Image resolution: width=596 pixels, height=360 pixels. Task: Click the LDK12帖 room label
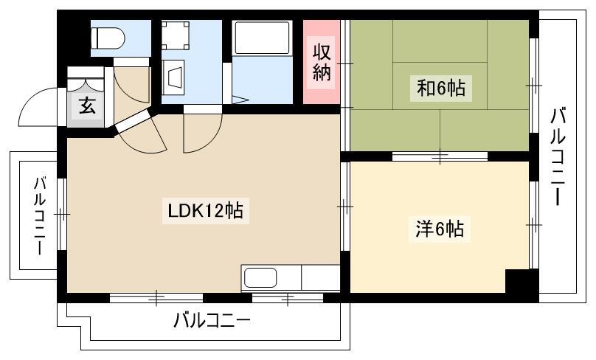205,210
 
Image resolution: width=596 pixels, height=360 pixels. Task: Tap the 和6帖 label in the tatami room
440,89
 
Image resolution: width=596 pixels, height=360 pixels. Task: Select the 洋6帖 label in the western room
440,229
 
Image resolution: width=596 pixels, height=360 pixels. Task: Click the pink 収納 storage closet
321,61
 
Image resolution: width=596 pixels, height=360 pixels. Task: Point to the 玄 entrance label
87,105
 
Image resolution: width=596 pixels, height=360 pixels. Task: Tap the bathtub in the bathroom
263,38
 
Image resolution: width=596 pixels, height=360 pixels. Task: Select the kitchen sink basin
260,277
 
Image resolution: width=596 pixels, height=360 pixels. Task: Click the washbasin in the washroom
173,77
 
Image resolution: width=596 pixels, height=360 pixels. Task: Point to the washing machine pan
176,35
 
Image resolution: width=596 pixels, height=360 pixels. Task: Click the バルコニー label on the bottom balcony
212,321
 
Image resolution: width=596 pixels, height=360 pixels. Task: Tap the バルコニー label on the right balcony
558,156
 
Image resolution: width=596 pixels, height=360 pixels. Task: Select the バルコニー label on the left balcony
40,215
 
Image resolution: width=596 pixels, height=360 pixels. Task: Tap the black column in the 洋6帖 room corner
522,281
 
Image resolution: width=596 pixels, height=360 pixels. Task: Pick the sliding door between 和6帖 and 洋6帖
440,156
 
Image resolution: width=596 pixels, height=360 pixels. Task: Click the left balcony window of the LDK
62,214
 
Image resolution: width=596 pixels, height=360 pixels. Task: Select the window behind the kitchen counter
288,297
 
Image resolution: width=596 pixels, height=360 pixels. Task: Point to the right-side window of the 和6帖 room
534,86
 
